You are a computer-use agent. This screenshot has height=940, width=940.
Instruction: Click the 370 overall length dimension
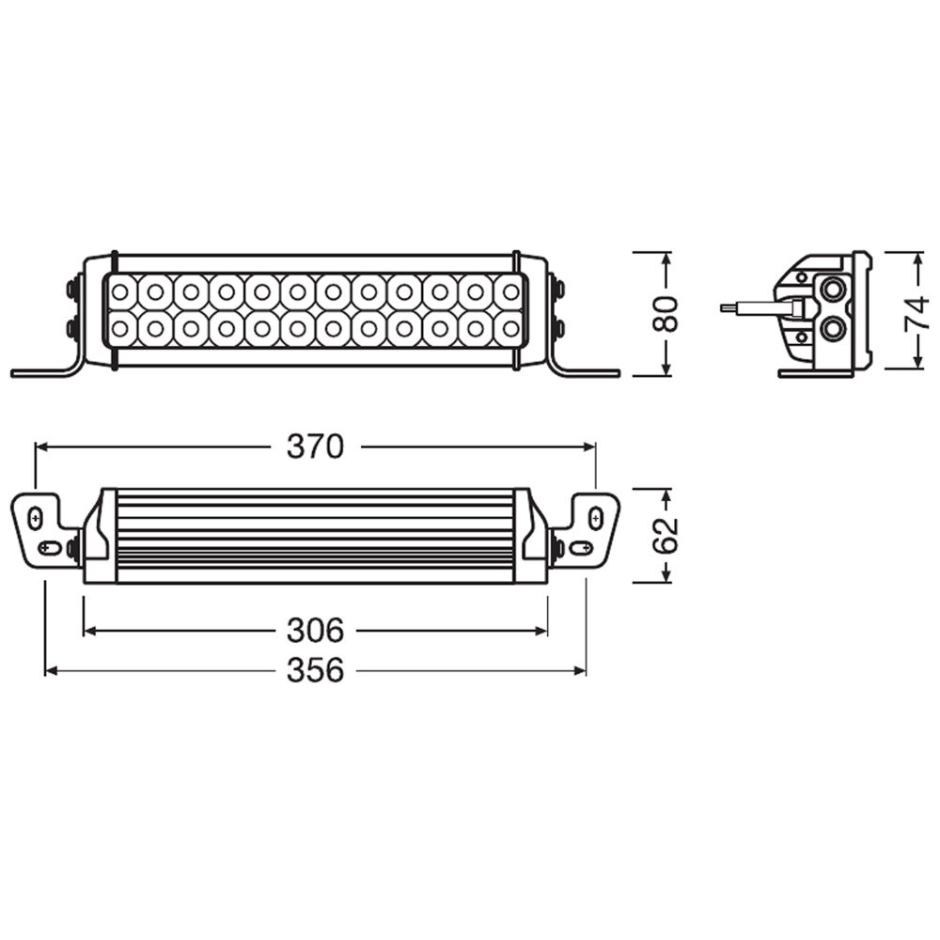tap(316, 447)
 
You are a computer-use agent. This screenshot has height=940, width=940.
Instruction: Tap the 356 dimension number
tap(316, 670)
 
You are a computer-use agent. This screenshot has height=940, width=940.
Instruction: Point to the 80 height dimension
tap(666, 314)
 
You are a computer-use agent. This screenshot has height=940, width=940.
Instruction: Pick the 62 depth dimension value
tap(666, 535)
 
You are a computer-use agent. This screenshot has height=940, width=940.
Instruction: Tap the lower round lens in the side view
tap(833, 328)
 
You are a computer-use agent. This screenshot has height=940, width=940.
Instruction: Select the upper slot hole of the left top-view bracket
tap(36, 518)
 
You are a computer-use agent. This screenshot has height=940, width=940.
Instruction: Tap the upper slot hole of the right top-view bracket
tap(595, 516)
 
